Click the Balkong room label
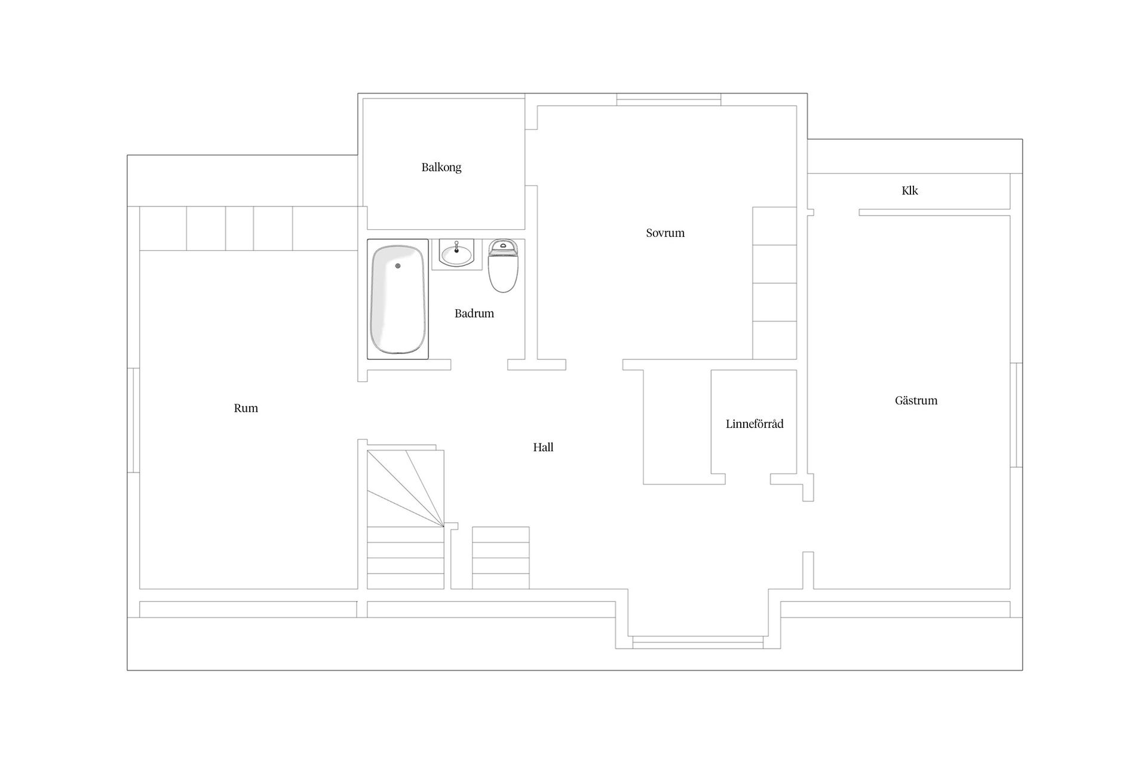(441, 167)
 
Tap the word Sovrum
(665, 233)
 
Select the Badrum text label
(474, 313)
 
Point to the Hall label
(543, 447)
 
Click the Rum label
(246, 408)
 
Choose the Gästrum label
(916, 401)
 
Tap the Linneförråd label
(755, 424)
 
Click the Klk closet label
(910, 190)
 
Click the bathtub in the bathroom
(398, 299)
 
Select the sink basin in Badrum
(457, 254)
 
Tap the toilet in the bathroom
(503, 266)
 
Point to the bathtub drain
(398, 266)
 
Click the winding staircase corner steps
(406, 489)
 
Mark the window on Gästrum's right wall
(1016, 415)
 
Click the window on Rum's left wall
(133, 420)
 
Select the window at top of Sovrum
(668, 100)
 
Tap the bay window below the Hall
(698, 642)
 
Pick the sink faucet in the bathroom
(457, 246)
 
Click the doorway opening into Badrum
(479, 365)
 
